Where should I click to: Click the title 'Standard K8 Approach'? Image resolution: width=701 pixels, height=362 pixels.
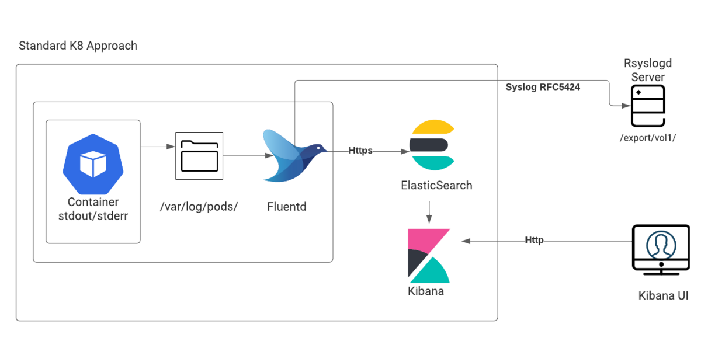pyautogui.click(x=78, y=46)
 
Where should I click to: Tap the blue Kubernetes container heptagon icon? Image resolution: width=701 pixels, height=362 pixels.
pyautogui.click(x=93, y=164)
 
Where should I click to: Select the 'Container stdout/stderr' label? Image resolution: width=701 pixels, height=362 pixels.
pyautogui.click(x=93, y=209)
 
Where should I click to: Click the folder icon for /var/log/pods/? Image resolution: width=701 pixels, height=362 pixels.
pyautogui.click(x=199, y=156)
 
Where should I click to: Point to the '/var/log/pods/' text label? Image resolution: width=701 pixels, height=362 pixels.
pyautogui.click(x=199, y=207)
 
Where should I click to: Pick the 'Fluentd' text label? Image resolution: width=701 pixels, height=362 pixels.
pyautogui.click(x=287, y=207)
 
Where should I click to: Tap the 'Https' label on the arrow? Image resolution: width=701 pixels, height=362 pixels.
pyautogui.click(x=360, y=151)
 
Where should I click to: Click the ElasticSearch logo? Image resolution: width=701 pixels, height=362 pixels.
pyautogui.click(x=432, y=145)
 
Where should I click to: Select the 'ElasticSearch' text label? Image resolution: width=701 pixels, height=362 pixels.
pyautogui.click(x=436, y=185)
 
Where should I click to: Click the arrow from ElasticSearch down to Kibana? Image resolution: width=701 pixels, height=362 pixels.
pyautogui.click(x=429, y=213)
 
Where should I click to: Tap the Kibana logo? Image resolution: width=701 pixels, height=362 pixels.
pyautogui.click(x=429, y=256)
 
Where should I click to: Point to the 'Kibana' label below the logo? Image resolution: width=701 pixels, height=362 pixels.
pyautogui.click(x=426, y=291)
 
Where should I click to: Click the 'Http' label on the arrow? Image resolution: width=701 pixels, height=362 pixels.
pyautogui.click(x=534, y=240)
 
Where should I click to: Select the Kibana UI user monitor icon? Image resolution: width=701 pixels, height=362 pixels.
pyautogui.click(x=661, y=250)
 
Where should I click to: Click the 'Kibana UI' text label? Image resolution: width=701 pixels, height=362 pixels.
pyautogui.click(x=663, y=295)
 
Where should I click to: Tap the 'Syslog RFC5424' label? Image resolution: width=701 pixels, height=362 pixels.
pyautogui.click(x=543, y=87)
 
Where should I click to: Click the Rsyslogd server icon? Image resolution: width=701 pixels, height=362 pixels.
pyautogui.click(x=648, y=106)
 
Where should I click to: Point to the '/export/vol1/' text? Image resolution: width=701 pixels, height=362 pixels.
pyautogui.click(x=648, y=138)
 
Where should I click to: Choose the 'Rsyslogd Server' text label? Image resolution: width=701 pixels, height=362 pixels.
pyautogui.click(x=648, y=70)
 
